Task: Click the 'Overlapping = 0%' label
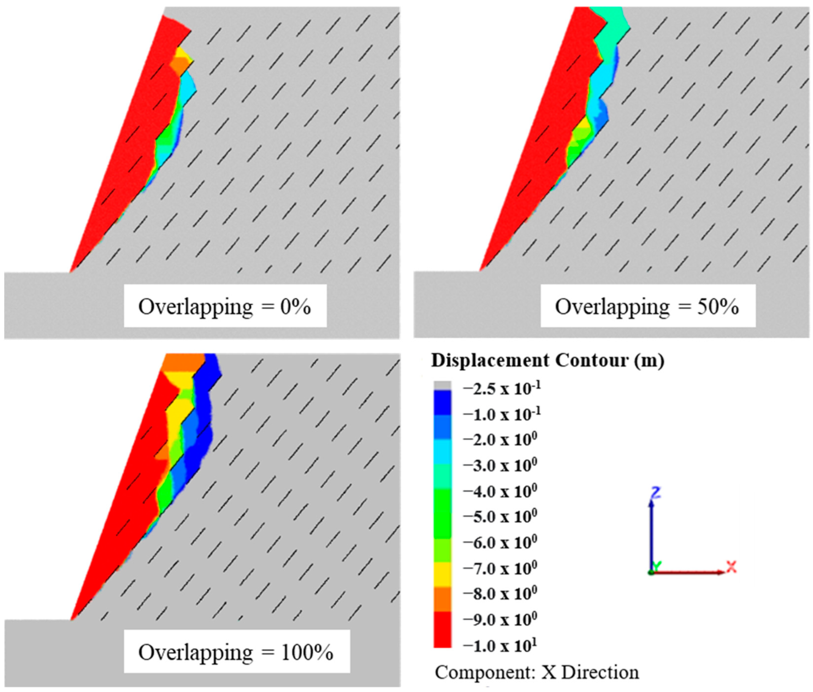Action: click(x=225, y=306)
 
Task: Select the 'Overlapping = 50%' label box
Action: click(x=648, y=306)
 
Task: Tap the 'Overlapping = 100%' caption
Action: click(x=236, y=652)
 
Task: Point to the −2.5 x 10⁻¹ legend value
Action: click(x=502, y=389)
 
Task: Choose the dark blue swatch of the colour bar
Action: click(x=442, y=402)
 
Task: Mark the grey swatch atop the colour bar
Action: click(x=442, y=385)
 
